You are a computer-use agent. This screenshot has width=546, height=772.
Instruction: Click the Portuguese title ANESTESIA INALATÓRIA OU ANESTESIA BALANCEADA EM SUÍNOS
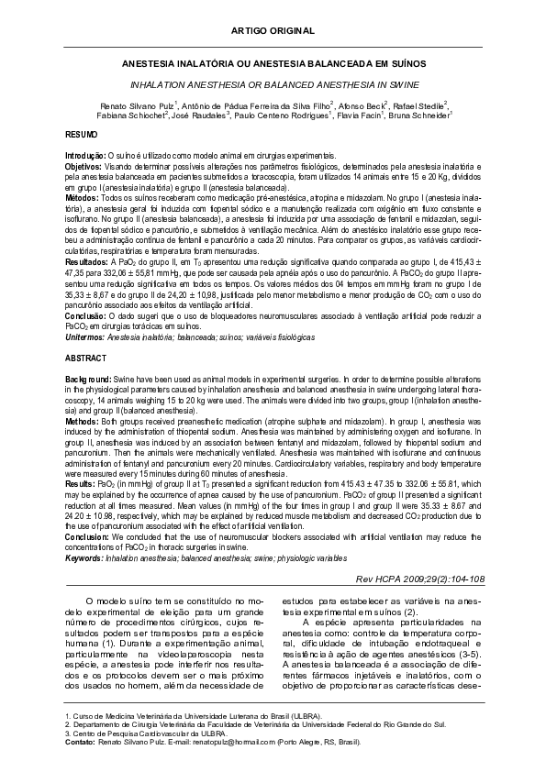tap(273, 67)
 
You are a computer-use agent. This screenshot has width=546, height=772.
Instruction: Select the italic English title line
tap(273, 83)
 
